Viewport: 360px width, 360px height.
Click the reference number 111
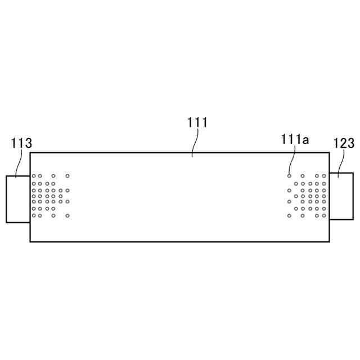(197, 122)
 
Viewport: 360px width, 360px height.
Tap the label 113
(21, 143)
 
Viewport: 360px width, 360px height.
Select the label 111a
(295, 139)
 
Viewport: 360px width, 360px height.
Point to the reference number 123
(344, 143)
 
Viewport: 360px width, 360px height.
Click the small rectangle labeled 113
(17, 199)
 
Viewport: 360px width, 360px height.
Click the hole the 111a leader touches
(290, 175)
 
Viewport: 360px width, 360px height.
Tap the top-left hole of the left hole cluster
(34, 176)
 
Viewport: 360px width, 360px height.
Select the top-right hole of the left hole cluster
(67, 176)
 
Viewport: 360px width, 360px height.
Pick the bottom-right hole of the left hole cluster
(67, 215)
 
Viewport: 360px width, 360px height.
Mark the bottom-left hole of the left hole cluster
(34, 215)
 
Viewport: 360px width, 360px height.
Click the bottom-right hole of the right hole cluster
(324, 215)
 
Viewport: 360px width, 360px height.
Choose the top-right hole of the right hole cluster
(324, 175)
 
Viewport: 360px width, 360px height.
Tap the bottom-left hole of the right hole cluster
(290, 215)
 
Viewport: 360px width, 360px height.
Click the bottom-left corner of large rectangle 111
(30, 241)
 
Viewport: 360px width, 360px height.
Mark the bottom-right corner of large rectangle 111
(330, 241)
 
